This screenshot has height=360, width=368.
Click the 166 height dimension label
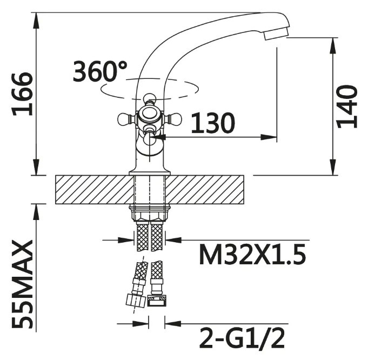(x=22, y=94)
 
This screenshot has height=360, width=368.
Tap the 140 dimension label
(x=346, y=106)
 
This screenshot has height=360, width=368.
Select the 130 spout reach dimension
(x=212, y=123)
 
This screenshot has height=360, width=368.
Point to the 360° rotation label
(x=100, y=71)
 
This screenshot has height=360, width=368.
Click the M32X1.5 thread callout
(x=252, y=254)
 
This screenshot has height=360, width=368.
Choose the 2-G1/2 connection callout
(x=242, y=338)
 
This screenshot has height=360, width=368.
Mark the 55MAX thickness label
(x=22, y=284)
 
